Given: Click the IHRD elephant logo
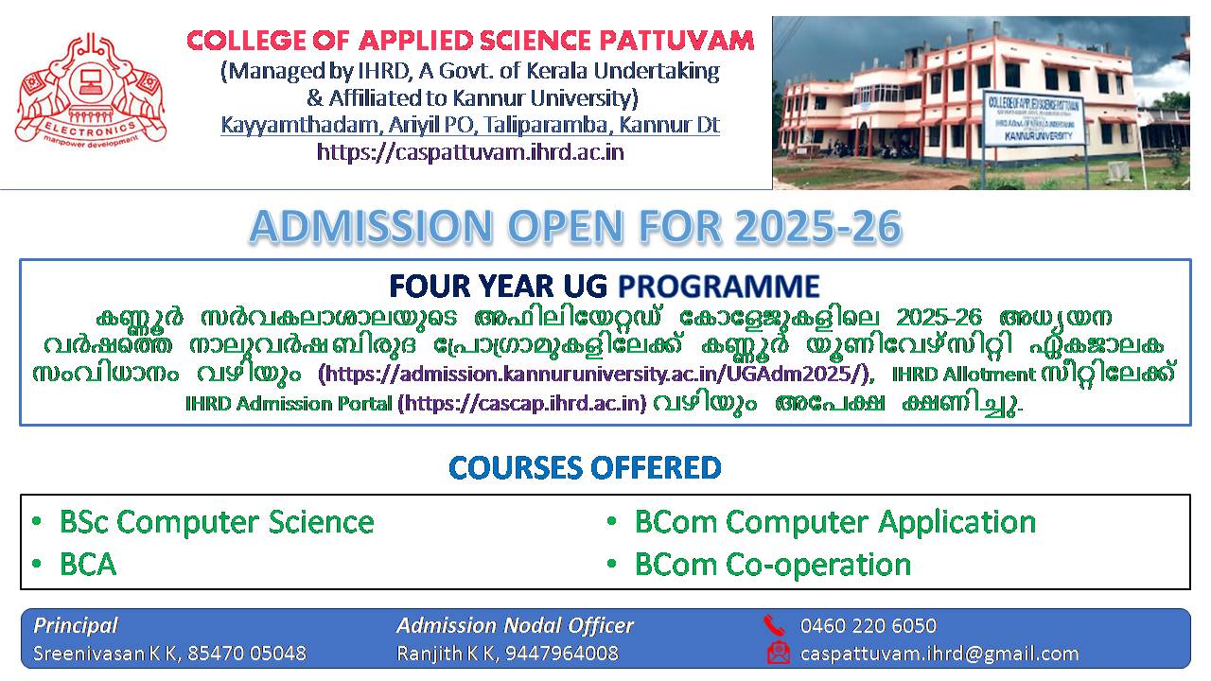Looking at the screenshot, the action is coord(91,90).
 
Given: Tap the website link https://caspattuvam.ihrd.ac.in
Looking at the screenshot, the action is coord(470,152).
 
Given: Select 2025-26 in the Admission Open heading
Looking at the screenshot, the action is coord(818,226).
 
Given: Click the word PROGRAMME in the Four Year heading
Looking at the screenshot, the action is coord(718,286).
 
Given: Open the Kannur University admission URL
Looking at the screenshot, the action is coord(596,374).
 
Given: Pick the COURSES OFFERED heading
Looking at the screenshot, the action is coord(585,467).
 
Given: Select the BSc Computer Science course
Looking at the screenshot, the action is coord(217,523).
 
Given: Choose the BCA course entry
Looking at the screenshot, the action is coord(88,565).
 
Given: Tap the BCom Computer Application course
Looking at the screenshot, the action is coord(835,523).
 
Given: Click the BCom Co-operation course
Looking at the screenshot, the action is coord(773,566).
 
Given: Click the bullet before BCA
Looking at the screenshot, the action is coord(37,565).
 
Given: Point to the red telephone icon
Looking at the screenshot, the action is coord(774,625).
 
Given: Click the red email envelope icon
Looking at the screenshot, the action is coord(779,653).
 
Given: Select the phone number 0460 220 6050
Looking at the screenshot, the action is coord(869,626).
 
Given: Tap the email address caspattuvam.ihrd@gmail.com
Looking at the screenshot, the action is coord(939,654).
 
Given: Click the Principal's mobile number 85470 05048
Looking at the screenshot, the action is coord(247,654).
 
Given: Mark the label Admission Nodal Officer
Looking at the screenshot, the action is coord(515,626).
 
